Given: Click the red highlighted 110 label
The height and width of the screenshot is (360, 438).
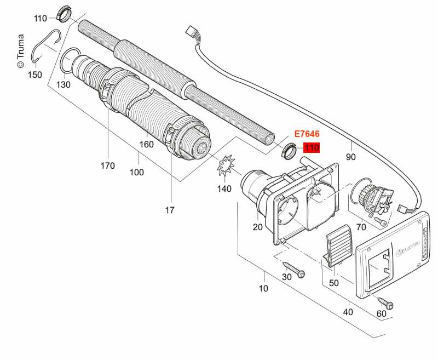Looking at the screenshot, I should [x=312, y=147].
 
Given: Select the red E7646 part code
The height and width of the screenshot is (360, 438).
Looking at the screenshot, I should [x=307, y=134].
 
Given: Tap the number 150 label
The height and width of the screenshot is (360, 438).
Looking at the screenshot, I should [x=34, y=75].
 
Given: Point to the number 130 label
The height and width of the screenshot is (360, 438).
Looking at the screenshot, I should [x=64, y=84].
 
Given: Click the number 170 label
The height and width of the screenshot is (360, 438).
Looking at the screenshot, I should [x=108, y=165].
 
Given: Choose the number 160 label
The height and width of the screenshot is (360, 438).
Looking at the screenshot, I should [x=147, y=145].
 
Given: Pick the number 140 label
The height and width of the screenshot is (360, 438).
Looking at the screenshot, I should [x=224, y=188].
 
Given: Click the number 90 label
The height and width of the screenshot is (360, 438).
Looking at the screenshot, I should [x=351, y=157].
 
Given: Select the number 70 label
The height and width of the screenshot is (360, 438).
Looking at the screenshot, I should [x=361, y=226].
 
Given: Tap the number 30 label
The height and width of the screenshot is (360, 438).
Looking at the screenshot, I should [x=286, y=277].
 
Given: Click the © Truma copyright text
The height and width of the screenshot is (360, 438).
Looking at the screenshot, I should [x=21, y=49].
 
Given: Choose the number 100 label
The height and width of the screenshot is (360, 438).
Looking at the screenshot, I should [x=137, y=172].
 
